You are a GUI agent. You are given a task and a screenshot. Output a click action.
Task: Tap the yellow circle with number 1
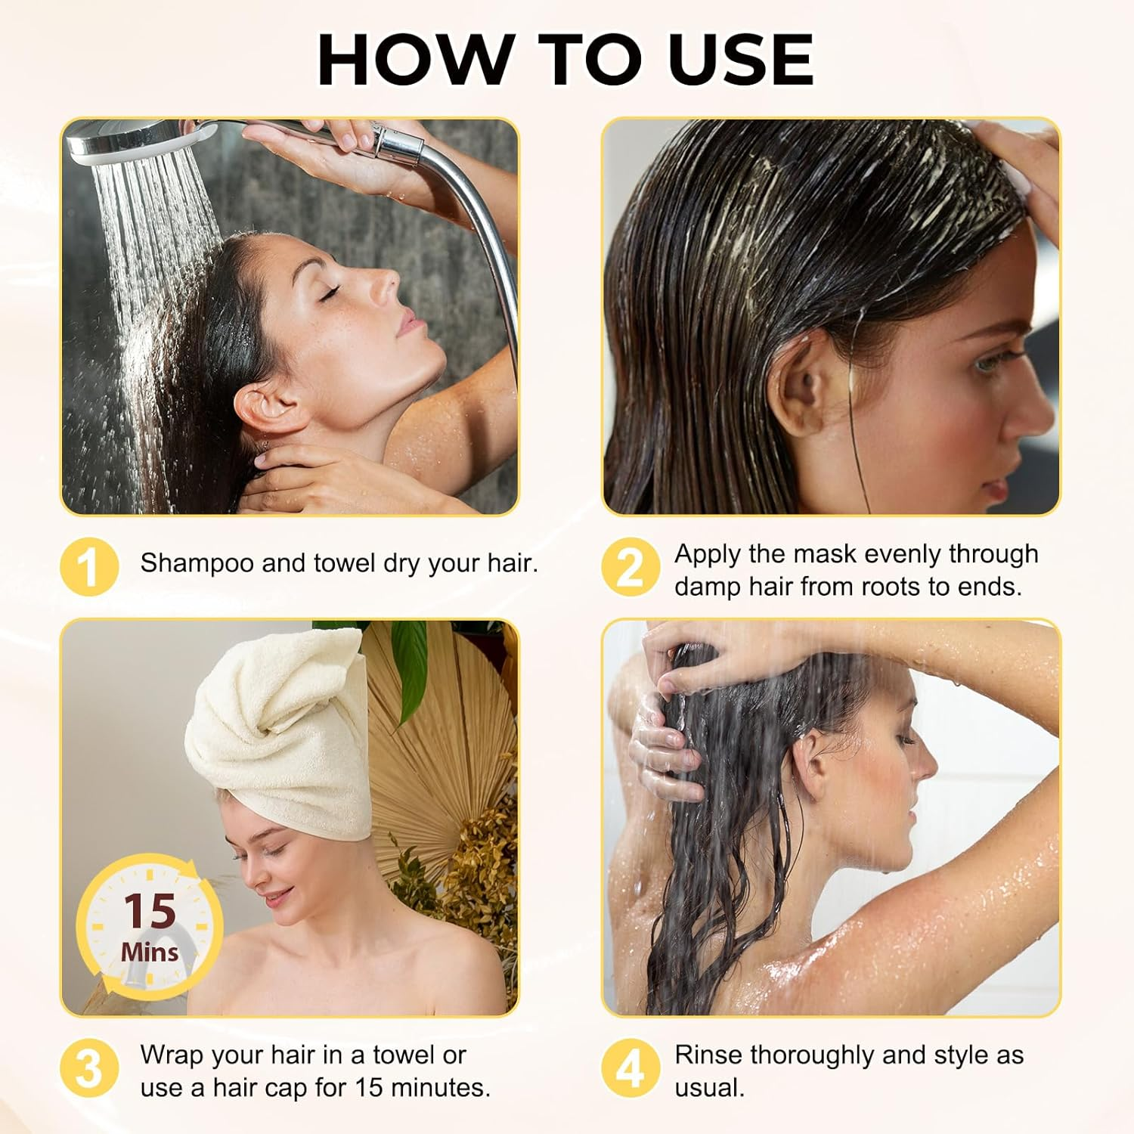[89, 566]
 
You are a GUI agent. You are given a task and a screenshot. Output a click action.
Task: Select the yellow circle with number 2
[631, 566]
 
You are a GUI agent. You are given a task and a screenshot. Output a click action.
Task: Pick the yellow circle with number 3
[89, 1069]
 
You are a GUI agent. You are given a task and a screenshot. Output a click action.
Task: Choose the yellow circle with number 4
[631, 1069]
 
